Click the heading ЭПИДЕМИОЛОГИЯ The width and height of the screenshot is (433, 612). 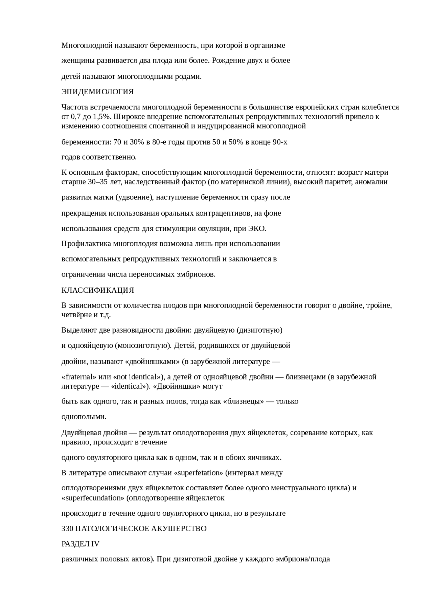(97, 92)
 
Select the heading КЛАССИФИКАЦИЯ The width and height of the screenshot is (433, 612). (97, 290)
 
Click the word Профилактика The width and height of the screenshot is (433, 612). (86, 244)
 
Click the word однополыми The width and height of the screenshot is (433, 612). (84, 416)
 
